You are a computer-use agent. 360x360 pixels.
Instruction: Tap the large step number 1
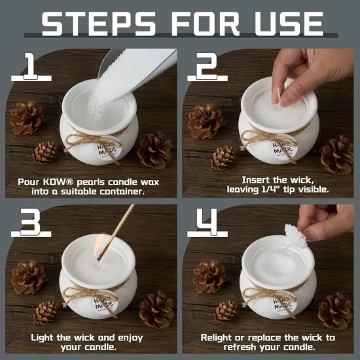[29, 66]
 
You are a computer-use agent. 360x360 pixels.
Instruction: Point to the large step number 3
[29, 223]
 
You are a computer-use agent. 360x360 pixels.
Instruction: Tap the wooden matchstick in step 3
[118, 230]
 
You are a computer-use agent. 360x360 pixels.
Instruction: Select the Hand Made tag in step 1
[109, 149]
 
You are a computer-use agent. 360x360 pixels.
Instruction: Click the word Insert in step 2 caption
[256, 179]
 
